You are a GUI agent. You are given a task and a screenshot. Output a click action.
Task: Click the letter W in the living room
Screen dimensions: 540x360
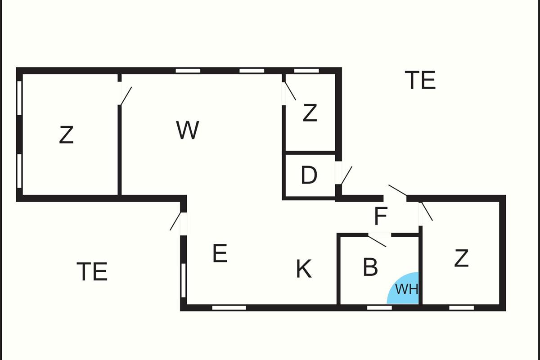click(188, 130)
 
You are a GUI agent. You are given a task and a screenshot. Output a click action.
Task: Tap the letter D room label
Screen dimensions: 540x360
click(309, 175)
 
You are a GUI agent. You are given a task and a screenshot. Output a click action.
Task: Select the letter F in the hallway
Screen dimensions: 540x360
click(381, 216)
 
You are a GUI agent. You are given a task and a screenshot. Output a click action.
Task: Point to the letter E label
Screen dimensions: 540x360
click(220, 253)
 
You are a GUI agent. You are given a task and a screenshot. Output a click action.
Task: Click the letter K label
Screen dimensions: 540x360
click(304, 269)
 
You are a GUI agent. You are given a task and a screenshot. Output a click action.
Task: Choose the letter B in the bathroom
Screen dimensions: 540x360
click(370, 267)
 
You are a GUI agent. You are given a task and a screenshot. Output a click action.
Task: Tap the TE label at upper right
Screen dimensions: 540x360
click(420, 80)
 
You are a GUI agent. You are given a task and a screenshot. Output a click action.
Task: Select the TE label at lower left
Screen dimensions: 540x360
click(92, 271)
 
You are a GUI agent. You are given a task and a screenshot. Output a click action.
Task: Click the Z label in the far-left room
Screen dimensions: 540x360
click(66, 135)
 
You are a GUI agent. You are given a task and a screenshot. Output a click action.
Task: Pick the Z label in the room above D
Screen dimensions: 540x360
click(310, 112)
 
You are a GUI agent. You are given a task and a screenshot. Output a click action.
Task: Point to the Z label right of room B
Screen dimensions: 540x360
click(461, 258)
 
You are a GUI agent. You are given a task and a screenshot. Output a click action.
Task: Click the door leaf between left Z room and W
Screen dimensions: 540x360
click(126, 96)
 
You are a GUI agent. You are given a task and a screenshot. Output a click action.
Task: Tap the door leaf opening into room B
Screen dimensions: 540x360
click(377, 241)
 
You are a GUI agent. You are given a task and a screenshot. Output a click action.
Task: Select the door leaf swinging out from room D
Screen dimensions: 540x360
click(346, 175)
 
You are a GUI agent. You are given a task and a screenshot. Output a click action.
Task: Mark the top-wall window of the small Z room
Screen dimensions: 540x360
click(306, 71)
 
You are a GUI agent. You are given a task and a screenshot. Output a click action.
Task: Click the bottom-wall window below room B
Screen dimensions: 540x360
click(379, 308)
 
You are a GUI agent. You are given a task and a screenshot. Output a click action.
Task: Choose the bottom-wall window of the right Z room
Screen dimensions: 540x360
click(461, 308)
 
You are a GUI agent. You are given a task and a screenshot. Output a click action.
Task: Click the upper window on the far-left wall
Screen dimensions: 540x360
click(19, 98)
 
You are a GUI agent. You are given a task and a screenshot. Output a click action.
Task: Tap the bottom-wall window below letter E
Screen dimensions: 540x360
click(229, 308)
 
